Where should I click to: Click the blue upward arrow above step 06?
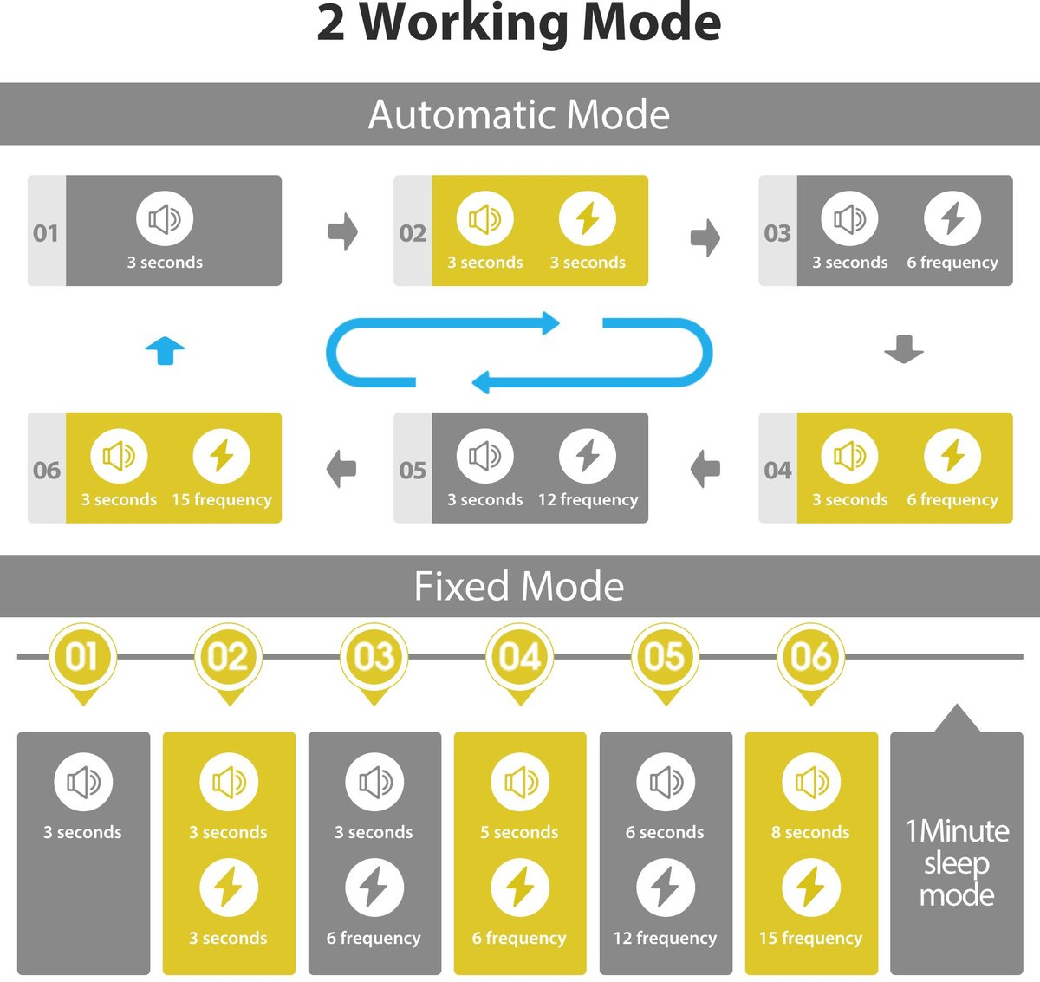[x=165, y=351]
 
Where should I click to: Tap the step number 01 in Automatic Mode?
[x=46, y=233]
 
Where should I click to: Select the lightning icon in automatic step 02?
[x=588, y=218]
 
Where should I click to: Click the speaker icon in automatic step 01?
[x=165, y=218]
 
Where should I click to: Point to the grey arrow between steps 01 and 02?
[x=343, y=231]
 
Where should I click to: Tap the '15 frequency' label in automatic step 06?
[x=222, y=500]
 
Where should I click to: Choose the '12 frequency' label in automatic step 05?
[x=588, y=500]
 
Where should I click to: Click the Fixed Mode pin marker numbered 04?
[x=520, y=658]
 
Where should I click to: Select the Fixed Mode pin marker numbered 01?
[x=83, y=658]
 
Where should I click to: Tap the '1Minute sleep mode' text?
[x=957, y=862]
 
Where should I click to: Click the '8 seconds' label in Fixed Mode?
[x=810, y=833]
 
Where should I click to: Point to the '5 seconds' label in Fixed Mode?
[x=519, y=833]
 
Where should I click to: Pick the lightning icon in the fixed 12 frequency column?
[x=666, y=888]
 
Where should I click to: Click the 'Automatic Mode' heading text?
[x=519, y=114]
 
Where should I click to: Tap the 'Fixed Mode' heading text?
[x=519, y=587]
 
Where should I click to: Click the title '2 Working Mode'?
[x=519, y=23]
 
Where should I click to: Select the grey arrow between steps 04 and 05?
[x=705, y=469]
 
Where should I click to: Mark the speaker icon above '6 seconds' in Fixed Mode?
[x=666, y=782]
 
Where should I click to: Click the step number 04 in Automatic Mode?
[x=777, y=471]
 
